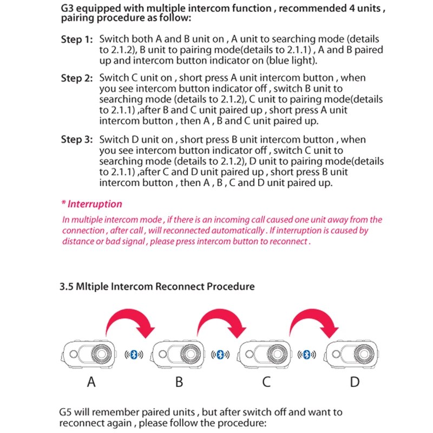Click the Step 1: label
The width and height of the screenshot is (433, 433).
point(77,40)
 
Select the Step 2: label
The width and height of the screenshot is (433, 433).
point(77,78)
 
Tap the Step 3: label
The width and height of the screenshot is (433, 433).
point(77,140)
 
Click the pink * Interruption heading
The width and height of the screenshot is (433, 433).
point(91,204)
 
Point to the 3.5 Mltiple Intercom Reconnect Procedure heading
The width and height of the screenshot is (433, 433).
point(157,285)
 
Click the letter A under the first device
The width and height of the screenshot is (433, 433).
point(91,383)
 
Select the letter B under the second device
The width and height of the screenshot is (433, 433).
point(179,383)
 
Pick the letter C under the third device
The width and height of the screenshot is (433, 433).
point(266,383)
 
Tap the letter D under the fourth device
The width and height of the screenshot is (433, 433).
point(355,383)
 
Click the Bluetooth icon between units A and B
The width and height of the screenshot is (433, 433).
point(134,355)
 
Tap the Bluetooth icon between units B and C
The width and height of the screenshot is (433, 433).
point(220,355)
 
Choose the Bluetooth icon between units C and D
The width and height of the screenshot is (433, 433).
point(309,355)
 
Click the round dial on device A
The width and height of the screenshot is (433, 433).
point(101,355)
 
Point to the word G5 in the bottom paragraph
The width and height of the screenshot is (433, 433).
point(67,413)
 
